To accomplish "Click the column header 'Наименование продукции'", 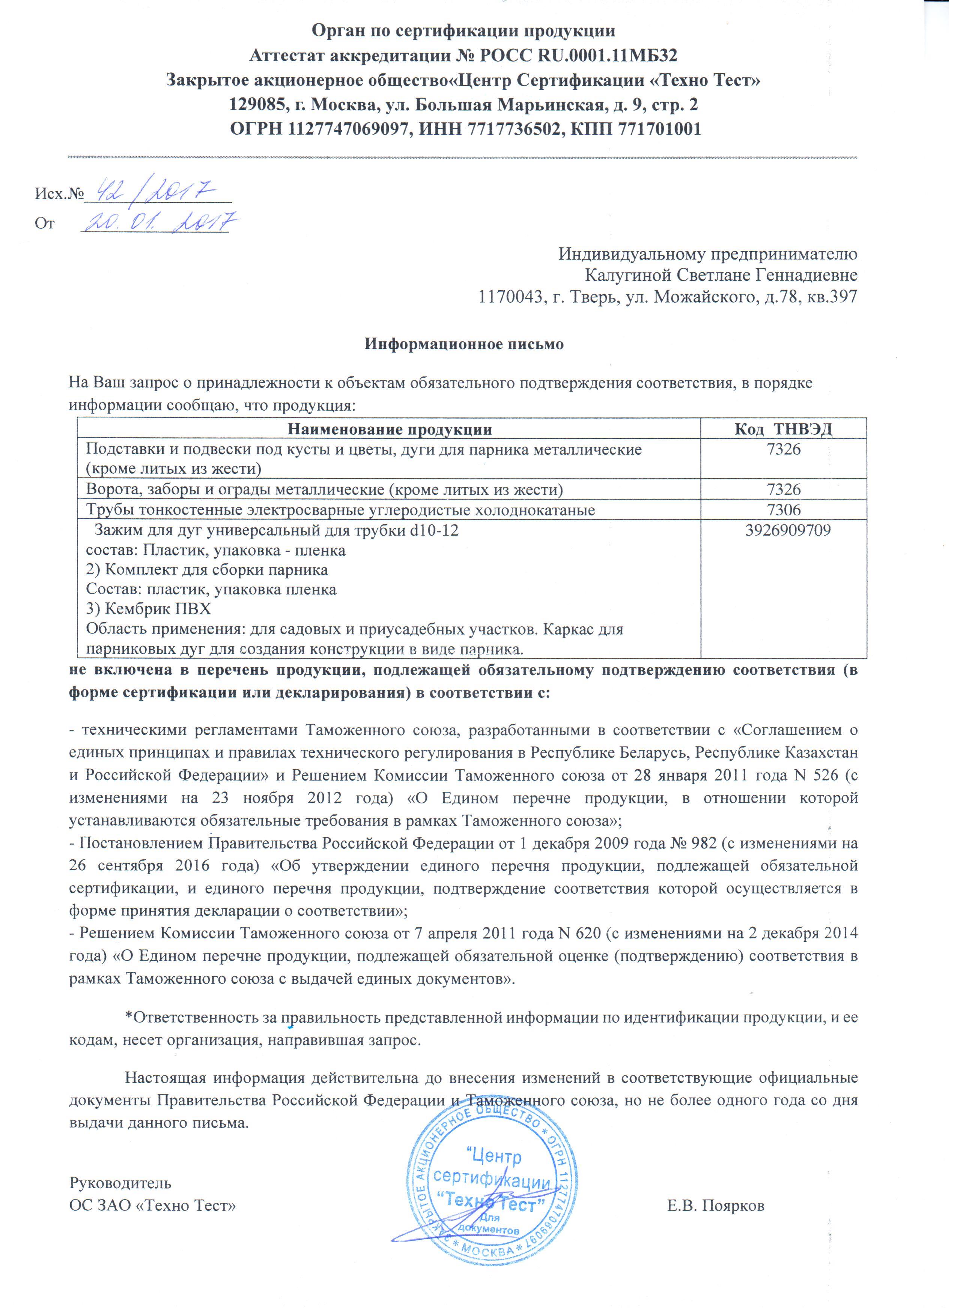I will [390, 429].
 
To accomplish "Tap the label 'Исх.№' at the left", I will [60, 193].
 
